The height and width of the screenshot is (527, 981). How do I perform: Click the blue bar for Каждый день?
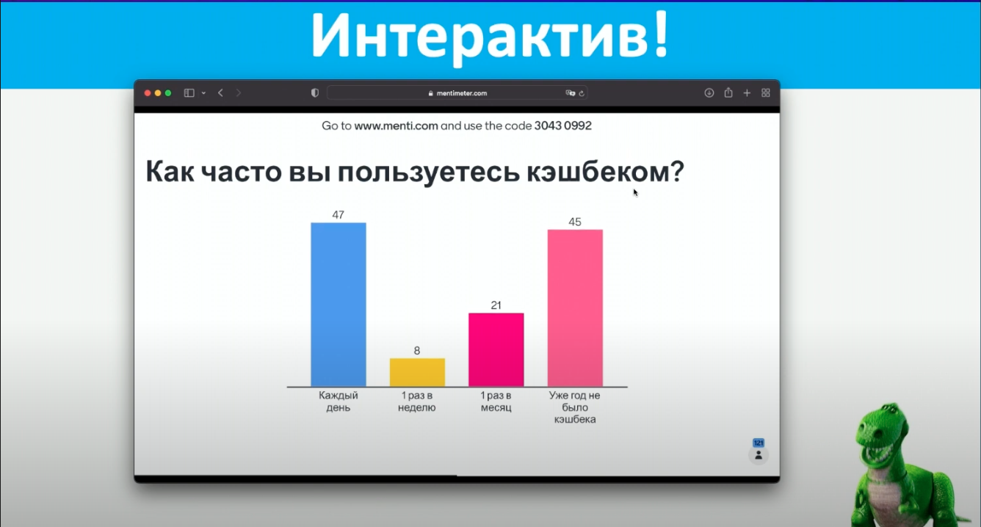339,304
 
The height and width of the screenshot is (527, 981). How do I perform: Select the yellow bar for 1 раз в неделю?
417,372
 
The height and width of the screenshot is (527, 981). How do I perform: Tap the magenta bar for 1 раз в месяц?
496,349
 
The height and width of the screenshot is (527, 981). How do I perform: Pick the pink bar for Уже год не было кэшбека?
575,308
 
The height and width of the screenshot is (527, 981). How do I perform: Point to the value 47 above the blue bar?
338,215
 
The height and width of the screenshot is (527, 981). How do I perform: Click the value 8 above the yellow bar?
417,351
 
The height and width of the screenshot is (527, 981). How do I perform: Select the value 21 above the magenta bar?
496,305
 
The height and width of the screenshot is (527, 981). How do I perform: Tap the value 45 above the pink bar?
575,222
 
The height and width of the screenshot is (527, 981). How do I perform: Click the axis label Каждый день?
339,401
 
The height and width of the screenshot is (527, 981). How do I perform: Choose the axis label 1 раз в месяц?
496,401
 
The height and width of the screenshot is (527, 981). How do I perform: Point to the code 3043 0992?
562,126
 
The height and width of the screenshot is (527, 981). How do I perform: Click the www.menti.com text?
396,126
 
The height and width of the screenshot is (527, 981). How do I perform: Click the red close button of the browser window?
148,93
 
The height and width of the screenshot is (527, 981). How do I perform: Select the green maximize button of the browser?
168,93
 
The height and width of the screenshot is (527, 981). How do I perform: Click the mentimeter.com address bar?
457,93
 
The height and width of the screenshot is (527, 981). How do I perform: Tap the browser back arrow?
220,93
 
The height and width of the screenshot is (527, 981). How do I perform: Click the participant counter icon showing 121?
759,452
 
